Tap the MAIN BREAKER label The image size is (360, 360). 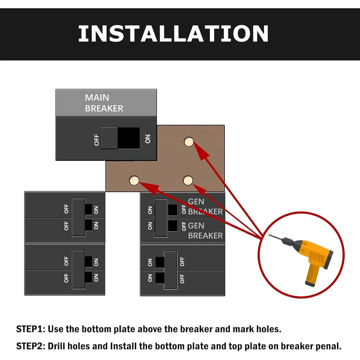104,103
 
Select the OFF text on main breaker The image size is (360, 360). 96,140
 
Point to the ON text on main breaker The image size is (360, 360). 148,139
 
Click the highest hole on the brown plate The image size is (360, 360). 188,142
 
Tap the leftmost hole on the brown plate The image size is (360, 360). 134,180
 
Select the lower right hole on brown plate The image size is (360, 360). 188,180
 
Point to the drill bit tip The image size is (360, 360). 270,235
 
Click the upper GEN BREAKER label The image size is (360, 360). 205,206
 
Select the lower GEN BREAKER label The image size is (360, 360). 205,230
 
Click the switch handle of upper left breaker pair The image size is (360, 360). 79,217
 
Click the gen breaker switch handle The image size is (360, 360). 161,217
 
